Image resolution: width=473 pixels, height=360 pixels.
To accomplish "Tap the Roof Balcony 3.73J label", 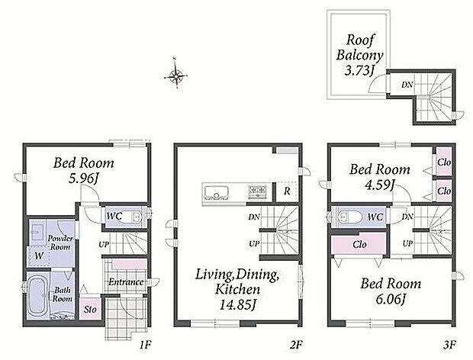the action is click(359, 55).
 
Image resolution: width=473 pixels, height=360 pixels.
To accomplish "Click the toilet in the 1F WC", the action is click(134, 217).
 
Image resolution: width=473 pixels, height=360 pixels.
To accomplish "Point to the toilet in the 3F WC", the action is click(349, 217).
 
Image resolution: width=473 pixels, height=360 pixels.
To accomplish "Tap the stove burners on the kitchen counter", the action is click(257, 191).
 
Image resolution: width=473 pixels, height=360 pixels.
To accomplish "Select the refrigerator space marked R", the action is click(287, 191).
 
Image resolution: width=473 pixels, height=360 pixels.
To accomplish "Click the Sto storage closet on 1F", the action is click(89, 308).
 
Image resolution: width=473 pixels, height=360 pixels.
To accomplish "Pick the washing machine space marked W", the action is click(39, 256).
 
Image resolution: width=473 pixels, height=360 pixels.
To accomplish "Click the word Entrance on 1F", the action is click(126, 282).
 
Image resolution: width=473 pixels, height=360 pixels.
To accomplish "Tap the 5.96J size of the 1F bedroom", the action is click(84, 178).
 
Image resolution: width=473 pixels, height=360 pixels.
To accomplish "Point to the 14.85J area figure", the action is click(237, 304).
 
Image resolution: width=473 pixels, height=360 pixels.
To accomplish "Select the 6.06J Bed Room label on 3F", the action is click(391, 291).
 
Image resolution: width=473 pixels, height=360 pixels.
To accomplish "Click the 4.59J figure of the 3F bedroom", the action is click(379, 185).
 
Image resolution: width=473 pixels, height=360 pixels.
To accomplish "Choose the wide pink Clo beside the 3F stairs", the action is click(359, 244).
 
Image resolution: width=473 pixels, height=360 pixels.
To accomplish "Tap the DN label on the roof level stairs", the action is click(407, 85).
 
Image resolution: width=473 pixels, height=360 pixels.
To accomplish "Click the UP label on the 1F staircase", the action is click(104, 244).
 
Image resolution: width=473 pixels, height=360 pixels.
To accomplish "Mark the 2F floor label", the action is click(296, 345).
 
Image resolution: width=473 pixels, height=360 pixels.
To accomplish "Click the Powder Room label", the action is click(60, 243).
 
